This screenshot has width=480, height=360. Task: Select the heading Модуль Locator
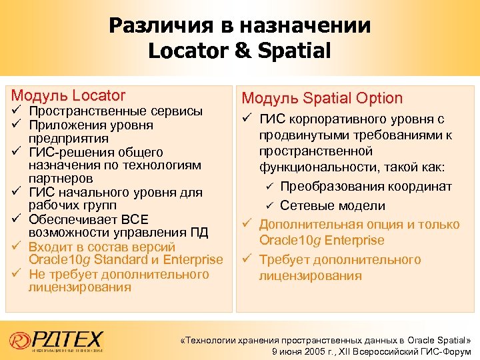(x=68, y=95)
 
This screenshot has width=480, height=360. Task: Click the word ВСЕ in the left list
(x=135, y=219)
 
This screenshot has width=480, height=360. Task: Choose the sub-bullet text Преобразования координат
(x=366, y=186)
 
